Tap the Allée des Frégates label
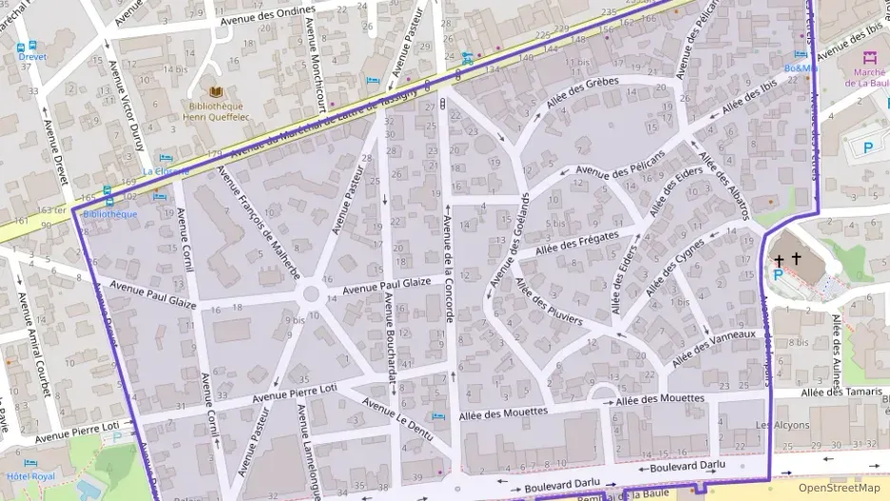pyautogui.click(x=577, y=242)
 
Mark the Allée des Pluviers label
pyautogui.click(x=549, y=301)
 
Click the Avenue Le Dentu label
pyautogui.click(x=398, y=420)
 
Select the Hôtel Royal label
pyautogui.click(x=30, y=476)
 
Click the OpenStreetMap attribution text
pyautogui.click(x=840, y=488)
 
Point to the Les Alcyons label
pyautogui.click(x=777, y=425)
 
